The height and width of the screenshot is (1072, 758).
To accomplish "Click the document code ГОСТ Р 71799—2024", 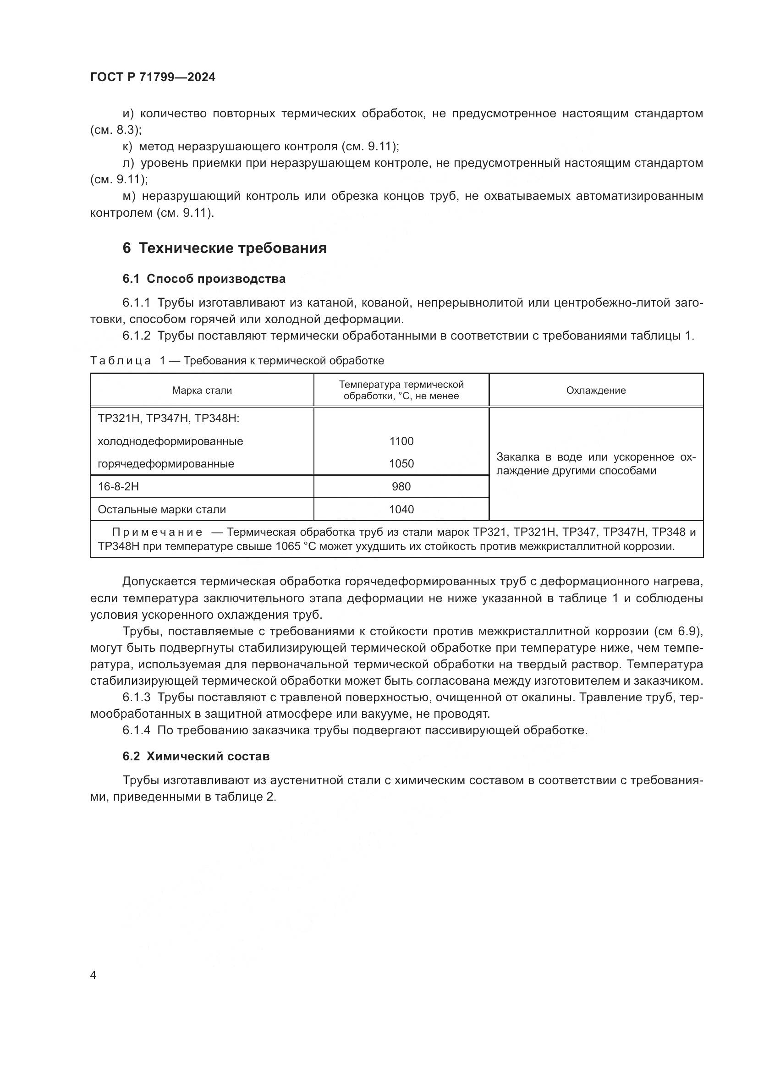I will pyautogui.click(x=153, y=77).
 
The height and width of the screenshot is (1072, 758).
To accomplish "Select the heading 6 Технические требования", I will pyautogui.click(x=225, y=248).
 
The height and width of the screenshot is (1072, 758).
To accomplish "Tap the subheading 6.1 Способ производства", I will pyautogui.click(x=204, y=279).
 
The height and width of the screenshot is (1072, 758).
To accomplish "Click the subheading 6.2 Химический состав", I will pyautogui.click(x=196, y=756).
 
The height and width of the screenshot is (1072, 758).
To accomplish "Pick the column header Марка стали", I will pyautogui.click(x=202, y=390).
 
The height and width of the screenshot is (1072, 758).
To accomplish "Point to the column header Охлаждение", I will pyautogui.click(x=596, y=390).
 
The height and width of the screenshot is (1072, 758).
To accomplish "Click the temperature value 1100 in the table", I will pyautogui.click(x=401, y=441).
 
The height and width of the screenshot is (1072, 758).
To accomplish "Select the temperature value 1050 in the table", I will pyautogui.click(x=401, y=464).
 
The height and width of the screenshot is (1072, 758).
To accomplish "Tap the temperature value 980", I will pyautogui.click(x=401, y=487).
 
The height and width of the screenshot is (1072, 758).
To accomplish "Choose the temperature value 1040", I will pyautogui.click(x=401, y=509).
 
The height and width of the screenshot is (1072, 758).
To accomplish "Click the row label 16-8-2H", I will pyautogui.click(x=118, y=487).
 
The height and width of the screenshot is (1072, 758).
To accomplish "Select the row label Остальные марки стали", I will pyautogui.click(x=161, y=509).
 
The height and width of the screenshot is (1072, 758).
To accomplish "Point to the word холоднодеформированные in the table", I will pyautogui.click(x=170, y=441).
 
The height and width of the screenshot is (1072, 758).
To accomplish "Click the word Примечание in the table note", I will pyautogui.click(x=157, y=532).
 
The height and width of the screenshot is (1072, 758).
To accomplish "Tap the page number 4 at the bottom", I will pyautogui.click(x=93, y=975).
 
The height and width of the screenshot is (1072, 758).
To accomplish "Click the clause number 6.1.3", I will pyautogui.click(x=136, y=698).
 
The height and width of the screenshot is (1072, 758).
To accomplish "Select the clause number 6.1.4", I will pyautogui.click(x=136, y=730).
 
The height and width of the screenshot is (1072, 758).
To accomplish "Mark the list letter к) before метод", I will pyautogui.click(x=127, y=147).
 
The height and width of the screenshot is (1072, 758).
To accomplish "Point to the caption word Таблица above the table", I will pyautogui.click(x=121, y=360).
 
